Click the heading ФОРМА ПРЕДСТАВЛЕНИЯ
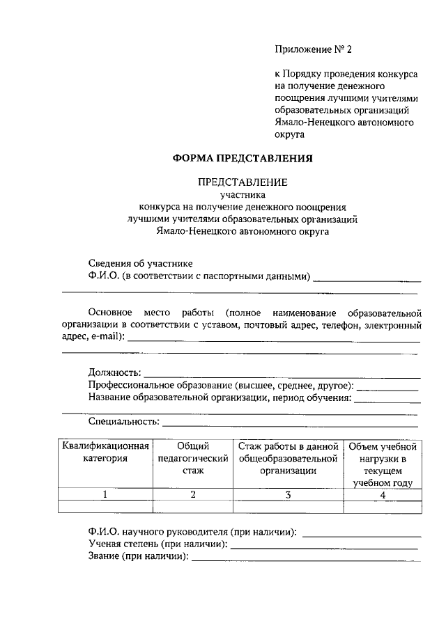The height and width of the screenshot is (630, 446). pos(243,158)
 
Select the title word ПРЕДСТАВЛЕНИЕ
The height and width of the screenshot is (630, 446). pos(243,182)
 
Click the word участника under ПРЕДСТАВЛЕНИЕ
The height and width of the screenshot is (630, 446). pos(243,196)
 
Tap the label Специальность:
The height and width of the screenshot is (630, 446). pos(124,421)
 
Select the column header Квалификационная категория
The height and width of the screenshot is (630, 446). pos(105,452)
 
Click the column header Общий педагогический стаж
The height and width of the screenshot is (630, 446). pos(193,458)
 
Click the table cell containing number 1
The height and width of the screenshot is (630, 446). pos(105,494)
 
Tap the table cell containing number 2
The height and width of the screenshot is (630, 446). pos(193,494)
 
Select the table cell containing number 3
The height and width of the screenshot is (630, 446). pos(288,494)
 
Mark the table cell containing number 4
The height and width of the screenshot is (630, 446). pos(383,494)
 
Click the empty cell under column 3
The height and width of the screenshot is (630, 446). pos(288,507)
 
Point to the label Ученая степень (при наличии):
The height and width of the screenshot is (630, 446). pos(159,544)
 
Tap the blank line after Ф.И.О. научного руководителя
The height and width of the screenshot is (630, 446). pos(362,533)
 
